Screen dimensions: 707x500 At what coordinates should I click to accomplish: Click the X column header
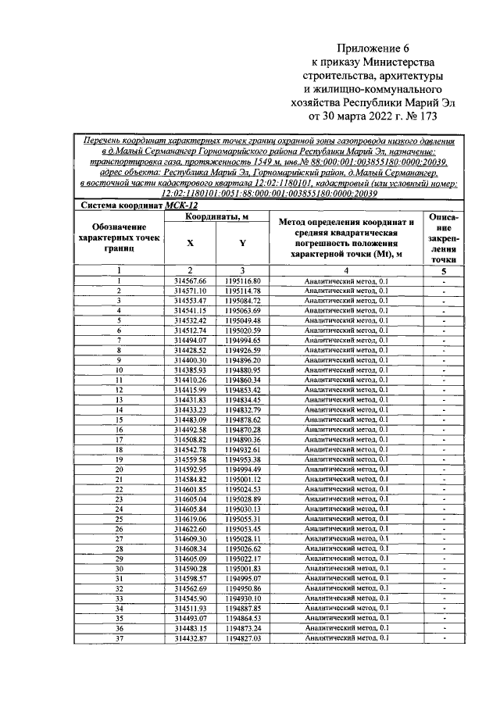(190, 243)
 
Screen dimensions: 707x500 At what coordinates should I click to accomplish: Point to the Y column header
(242, 243)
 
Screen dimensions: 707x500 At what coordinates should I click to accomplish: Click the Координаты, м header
(216, 216)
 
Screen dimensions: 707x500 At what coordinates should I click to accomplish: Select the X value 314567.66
(190, 281)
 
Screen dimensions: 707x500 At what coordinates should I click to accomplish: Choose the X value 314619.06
(190, 519)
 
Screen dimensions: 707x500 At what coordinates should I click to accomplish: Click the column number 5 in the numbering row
(443, 271)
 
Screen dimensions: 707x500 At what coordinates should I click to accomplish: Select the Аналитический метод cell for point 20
(346, 470)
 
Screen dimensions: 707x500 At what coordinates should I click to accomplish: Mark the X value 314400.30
(190, 360)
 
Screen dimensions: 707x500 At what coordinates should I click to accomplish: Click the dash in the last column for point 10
(443, 370)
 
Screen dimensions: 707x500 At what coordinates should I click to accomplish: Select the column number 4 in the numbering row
(346, 271)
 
